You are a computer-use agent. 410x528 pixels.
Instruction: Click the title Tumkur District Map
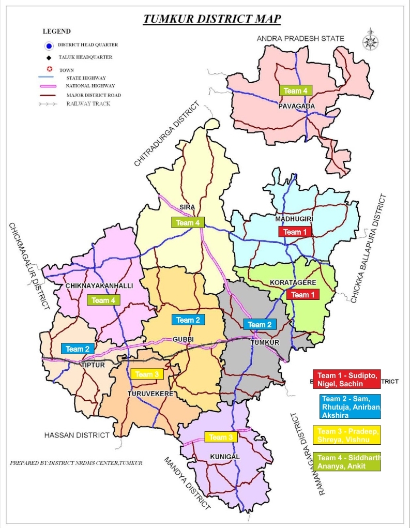[x=212, y=20]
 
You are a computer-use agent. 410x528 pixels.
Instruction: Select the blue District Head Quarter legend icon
[x=50, y=45]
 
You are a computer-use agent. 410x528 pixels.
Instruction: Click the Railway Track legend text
[x=88, y=103]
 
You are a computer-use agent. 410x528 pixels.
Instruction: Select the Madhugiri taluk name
[x=294, y=219]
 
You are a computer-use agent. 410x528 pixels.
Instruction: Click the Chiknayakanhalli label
[x=99, y=286]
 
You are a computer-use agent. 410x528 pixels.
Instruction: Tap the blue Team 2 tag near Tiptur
[x=78, y=349]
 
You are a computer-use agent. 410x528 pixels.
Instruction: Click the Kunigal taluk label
[x=225, y=457]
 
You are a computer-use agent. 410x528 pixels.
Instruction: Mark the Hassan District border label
[x=77, y=435]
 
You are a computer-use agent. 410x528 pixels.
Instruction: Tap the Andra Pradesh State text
[x=300, y=38]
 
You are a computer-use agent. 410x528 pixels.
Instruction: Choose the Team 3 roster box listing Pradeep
[x=346, y=435]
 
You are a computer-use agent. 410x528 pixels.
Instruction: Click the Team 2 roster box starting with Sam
[x=350, y=406]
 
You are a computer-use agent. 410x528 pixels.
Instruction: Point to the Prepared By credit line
[x=76, y=462]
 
